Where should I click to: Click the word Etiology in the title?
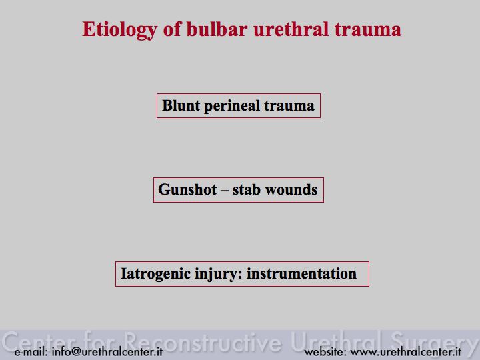[120, 31]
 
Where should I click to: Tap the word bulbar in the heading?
[217, 29]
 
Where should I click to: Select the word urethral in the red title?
[291, 29]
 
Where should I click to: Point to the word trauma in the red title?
[367, 30]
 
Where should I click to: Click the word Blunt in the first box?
[181, 105]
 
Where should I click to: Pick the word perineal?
[232, 106]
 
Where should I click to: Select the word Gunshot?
[187, 189]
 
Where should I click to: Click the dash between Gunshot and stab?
[225, 191]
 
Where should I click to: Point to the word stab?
[247, 189]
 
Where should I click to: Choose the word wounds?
[291, 189]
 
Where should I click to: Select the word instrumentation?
[301, 273]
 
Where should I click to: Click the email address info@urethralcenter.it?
[107, 352]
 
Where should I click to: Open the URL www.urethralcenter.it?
[405, 352]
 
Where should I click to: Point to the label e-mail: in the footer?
[31, 352]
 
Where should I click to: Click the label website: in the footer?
[325, 352]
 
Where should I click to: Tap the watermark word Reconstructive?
[203, 341]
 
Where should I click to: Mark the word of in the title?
[173, 29]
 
